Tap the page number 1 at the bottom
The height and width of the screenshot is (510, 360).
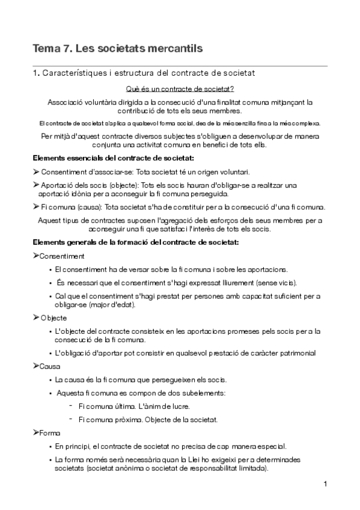pos(325,484)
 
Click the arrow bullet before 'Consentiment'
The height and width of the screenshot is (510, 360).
pos(36,256)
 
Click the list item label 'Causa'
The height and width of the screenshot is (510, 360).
pos(50,366)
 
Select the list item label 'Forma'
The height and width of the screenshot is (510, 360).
pos(50,433)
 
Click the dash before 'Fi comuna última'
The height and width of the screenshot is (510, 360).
pos(71,405)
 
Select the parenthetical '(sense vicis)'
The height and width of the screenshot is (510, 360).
pos(273,283)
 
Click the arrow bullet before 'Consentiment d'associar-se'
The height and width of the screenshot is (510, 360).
pos(36,172)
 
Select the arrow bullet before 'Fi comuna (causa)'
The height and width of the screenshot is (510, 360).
pos(36,207)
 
